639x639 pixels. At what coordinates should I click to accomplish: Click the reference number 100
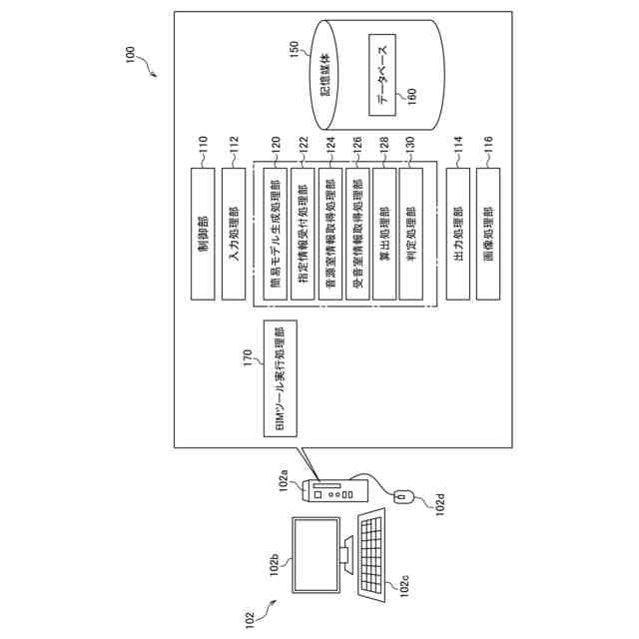pyautogui.click(x=130, y=55)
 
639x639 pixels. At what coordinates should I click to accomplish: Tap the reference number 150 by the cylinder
pyautogui.click(x=295, y=49)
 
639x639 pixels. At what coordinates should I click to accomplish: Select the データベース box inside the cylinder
pyautogui.click(x=382, y=75)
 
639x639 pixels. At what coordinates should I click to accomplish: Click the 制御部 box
pyautogui.click(x=203, y=234)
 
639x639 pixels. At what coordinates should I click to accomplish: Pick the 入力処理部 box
pyautogui.click(x=234, y=234)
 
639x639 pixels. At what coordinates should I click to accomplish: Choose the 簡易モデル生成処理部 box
pyautogui.click(x=276, y=234)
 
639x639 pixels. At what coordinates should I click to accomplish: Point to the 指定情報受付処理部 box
pyautogui.click(x=303, y=234)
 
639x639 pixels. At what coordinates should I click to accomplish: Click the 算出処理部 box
pyautogui.click(x=384, y=234)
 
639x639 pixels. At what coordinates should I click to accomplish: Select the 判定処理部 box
pyautogui.click(x=410, y=234)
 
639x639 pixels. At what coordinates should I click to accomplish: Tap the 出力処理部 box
pyautogui.click(x=458, y=234)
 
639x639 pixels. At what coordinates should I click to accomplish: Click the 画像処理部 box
pyautogui.click(x=488, y=234)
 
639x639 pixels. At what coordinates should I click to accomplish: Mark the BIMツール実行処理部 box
pyautogui.click(x=281, y=378)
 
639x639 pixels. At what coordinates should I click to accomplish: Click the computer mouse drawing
pyautogui.click(x=403, y=497)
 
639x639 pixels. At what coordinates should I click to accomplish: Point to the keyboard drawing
pyautogui.click(x=371, y=555)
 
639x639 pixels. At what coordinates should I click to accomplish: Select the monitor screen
pyautogui.click(x=317, y=555)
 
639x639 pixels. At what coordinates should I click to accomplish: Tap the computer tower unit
pyautogui.click(x=336, y=490)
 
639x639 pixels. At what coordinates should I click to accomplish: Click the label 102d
pyautogui.click(x=440, y=505)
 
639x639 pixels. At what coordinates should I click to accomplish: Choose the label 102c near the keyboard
pyautogui.click(x=404, y=586)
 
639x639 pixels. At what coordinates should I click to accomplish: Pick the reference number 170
pyautogui.click(x=248, y=357)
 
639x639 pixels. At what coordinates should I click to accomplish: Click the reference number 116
pyautogui.click(x=488, y=145)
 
